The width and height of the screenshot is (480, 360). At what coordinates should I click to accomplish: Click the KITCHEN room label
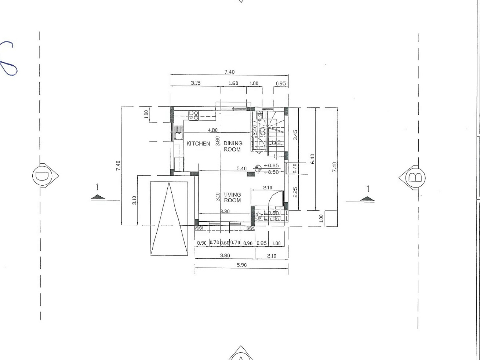[x=198, y=143]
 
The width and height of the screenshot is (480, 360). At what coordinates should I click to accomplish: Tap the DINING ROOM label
[x=233, y=146]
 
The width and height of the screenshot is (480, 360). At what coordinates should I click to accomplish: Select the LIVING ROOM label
[x=232, y=197]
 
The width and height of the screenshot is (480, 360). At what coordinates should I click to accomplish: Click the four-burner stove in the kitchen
[x=193, y=115]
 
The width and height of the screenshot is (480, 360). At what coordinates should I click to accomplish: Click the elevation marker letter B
[x=415, y=178]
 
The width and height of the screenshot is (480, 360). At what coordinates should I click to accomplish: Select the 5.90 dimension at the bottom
[x=241, y=265]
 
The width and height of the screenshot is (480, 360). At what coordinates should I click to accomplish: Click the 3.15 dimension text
[x=196, y=83]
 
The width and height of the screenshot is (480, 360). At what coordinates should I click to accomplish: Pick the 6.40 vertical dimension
[x=313, y=159]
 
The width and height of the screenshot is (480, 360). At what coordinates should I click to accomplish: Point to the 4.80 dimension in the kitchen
[x=213, y=130]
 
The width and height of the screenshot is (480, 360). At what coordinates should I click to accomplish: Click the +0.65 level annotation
[x=272, y=166]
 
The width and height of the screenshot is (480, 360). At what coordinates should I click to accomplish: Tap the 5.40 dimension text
[x=241, y=168]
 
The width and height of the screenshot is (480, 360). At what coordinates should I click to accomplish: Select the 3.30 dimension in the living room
[x=225, y=211]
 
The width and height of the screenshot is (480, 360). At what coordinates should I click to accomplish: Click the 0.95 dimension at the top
[x=281, y=83]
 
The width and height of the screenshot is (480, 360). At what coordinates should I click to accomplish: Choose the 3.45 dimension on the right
[x=295, y=135]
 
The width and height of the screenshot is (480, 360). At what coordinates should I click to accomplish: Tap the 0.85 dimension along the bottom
[x=261, y=243]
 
